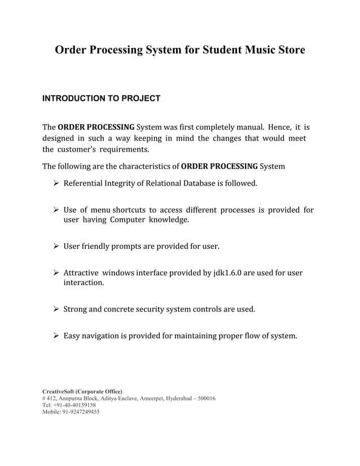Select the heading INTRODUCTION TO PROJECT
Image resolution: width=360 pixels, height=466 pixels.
click(x=102, y=99)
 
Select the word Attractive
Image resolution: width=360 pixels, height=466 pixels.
click(x=82, y=273)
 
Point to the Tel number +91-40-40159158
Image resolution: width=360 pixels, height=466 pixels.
click(x=75, y=405)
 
